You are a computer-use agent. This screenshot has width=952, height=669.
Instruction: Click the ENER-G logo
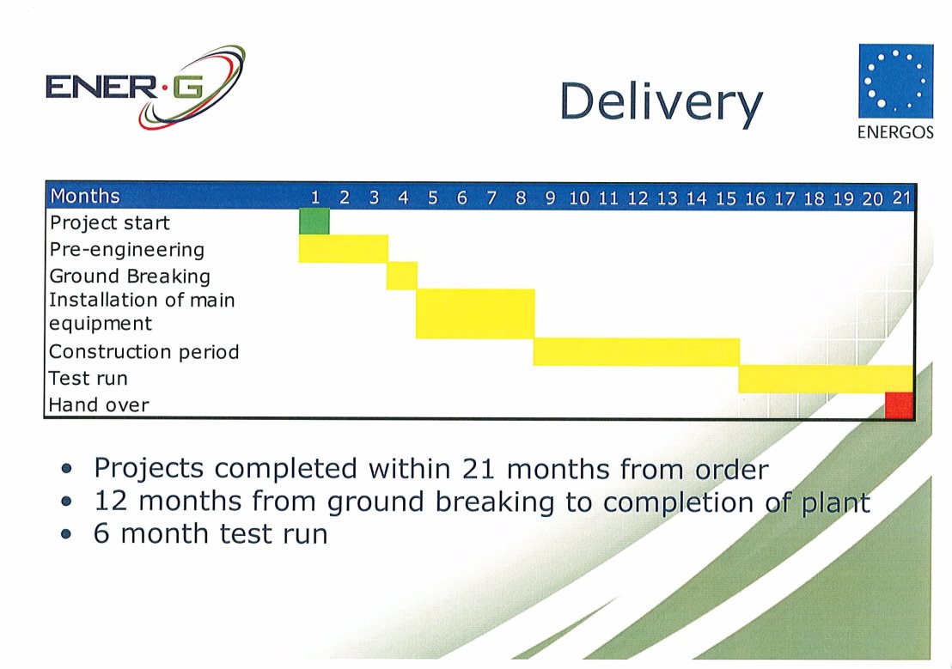coord(146,87)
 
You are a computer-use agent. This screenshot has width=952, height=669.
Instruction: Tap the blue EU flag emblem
coord(895,81)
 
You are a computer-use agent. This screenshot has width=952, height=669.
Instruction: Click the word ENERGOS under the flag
coord(895,132)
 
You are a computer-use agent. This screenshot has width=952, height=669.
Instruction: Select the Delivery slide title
coord(661,102)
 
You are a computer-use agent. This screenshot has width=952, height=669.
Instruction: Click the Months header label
coord(85,196)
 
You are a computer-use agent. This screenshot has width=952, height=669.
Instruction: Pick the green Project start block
coord(314,222)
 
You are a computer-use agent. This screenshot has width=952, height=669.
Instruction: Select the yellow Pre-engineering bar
coord(344,249)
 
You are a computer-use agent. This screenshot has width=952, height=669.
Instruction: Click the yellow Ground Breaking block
coord(402,276)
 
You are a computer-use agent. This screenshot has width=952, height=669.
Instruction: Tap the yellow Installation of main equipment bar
coord(475,313)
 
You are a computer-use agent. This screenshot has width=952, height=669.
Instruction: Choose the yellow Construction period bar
coord(637,352)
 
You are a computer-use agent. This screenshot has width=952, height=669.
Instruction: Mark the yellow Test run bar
coord(827,379)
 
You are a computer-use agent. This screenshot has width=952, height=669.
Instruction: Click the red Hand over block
coord(900,405)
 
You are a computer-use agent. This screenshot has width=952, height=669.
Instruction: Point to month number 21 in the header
coord(901,198)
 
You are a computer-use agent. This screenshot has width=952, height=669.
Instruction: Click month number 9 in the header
coord(550,198)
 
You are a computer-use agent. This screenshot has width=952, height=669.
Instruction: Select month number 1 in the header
coord(315,198)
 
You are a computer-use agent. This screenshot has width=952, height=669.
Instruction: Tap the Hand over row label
coord(99,405)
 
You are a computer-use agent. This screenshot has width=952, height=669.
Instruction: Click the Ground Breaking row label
coord(130,277)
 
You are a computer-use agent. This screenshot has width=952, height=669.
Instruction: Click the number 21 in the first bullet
coord(479,469)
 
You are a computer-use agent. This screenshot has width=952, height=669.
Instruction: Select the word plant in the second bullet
coord(835,502)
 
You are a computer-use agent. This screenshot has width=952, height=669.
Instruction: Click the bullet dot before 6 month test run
coord(67,534)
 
